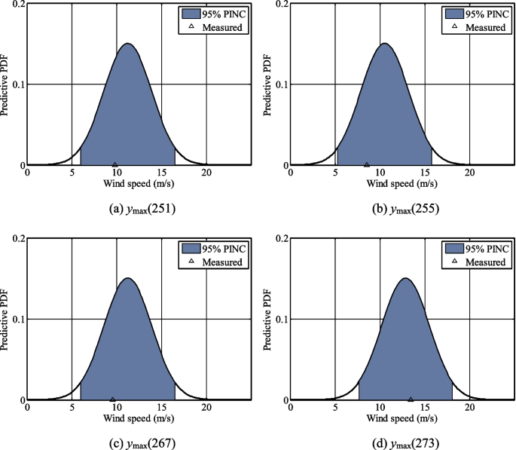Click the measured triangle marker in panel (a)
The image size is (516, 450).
[x=114, y=164]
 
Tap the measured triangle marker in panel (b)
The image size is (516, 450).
[x=367, y=164]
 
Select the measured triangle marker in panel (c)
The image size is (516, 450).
[x=113, y=399]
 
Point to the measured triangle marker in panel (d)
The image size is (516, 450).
[x=411, y=399]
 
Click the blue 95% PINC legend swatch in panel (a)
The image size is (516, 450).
[x=191, y=14]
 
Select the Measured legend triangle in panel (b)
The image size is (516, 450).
[x=453, y=27]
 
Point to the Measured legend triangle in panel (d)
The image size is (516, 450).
[x=453, y=262]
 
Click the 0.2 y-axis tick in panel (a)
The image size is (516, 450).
[x=16, y=5]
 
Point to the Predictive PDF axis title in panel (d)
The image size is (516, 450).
[x=266, y=320]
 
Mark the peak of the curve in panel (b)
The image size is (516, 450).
[x=384, y=44]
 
